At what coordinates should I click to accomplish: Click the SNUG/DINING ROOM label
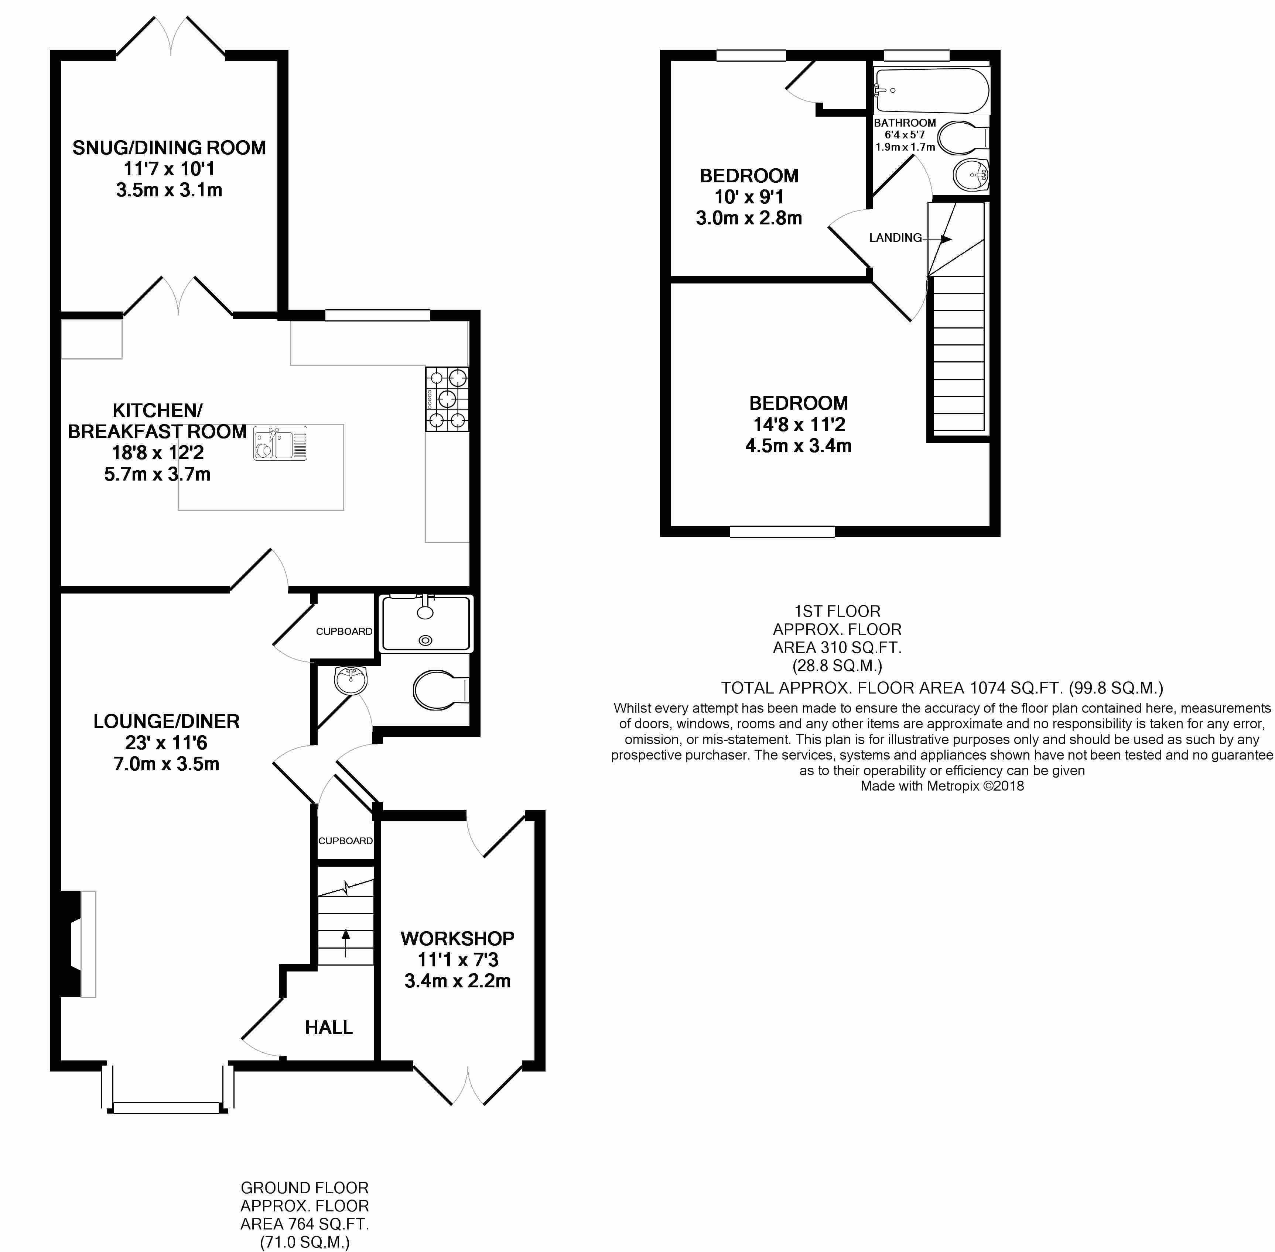(x=169, y=148)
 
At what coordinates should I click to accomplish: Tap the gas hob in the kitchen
(x=447, y=399)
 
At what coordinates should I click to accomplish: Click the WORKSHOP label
(x=457, y=938)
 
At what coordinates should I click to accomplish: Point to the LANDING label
(x=895, y=238)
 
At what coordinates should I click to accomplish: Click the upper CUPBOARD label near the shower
(x=344, y=631)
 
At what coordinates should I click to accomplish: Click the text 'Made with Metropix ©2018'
(x=942, y=786)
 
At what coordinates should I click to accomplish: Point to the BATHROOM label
(x=905, y=123)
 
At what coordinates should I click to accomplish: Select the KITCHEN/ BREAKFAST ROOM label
(x=157, y=421)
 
